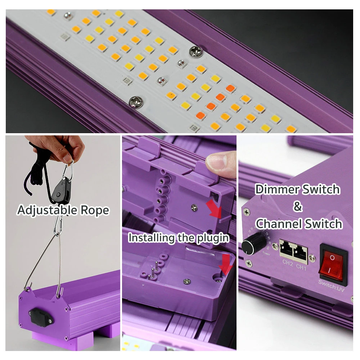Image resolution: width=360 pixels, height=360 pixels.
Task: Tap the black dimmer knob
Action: coord(250,246)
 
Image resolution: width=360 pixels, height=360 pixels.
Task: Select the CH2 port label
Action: coord(287,263)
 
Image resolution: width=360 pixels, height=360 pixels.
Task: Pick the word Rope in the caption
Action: coord(96,210)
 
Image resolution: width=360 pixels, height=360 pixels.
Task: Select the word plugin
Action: coord(212,238)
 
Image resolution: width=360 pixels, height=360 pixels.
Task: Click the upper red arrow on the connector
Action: coord(216,209)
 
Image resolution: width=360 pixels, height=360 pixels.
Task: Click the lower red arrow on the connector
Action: coord(226,265)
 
